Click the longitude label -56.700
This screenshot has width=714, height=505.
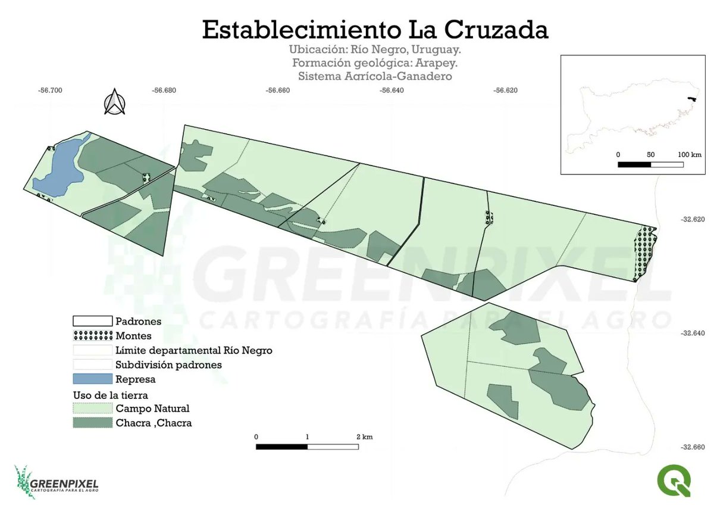pos(50,91)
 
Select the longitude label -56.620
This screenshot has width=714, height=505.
pos(505,91)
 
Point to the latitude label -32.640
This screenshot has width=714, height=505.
pos(692,333)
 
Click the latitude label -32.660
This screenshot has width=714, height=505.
pos(692,447)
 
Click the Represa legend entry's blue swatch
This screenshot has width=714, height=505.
pos(92,379)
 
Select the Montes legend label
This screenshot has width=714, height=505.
pos(133,336)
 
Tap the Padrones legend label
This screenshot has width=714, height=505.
pos(138,322)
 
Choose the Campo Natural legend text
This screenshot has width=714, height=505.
pos(152,409)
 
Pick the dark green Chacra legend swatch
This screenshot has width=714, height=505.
pos(92,423)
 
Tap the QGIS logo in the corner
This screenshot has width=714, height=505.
pos(674,481)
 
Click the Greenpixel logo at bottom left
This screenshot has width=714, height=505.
pos(56,482)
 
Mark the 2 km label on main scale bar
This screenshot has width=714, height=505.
pos(364,437)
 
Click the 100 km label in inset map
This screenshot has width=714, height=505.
pos(689,155)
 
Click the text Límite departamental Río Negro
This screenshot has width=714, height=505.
pos(194,350)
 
